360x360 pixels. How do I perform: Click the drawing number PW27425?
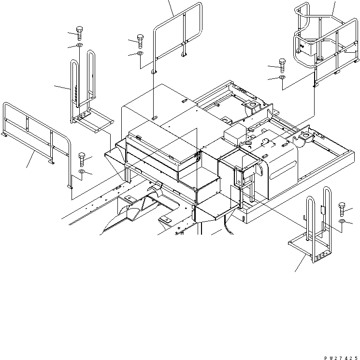341,358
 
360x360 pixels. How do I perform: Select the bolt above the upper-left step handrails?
79,33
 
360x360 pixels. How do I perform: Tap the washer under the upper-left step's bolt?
79,45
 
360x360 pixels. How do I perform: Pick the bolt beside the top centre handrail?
140,42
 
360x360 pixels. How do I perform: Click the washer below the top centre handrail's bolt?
140,53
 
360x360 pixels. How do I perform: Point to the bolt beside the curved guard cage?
282,65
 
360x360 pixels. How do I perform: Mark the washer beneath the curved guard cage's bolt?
282,77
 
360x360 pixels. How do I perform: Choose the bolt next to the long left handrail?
82,159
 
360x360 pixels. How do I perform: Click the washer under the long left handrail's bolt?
82,171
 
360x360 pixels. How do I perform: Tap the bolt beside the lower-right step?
342,209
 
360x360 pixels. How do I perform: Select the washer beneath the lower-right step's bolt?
342,221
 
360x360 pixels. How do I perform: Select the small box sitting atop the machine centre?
235,135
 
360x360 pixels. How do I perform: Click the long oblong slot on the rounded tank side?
283,170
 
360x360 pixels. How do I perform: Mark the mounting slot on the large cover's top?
154,118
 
